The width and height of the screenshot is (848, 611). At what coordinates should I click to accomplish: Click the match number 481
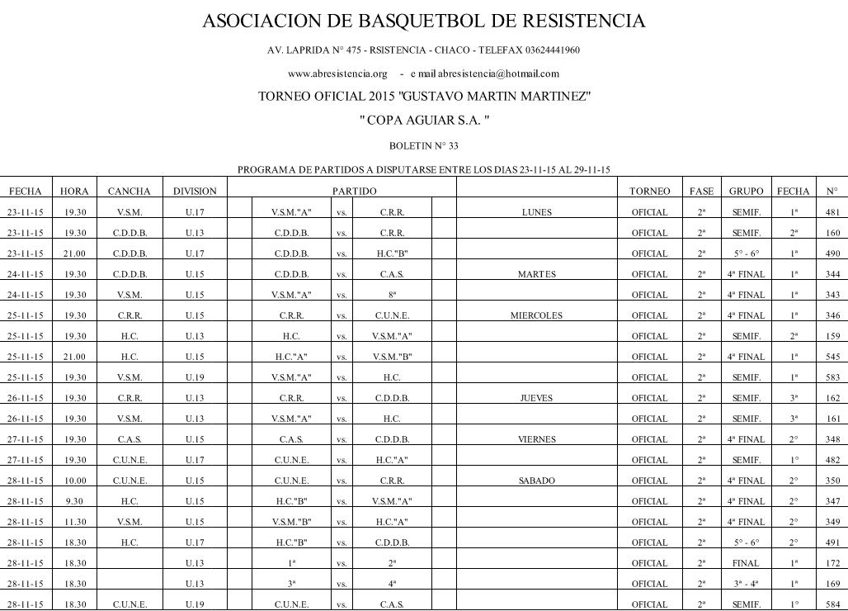point(832,212)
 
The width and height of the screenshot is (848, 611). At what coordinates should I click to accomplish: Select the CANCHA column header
point(130,192)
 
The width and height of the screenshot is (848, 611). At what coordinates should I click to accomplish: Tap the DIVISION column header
point(195,192)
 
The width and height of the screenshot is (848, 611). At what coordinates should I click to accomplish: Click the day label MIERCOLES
point(536,315)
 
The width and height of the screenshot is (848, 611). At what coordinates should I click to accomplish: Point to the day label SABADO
point(536,481)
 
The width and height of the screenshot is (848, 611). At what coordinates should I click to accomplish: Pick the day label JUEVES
point(536,398)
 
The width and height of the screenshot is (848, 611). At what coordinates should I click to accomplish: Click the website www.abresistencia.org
point(337,73)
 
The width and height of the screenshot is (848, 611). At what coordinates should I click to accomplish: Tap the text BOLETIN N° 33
point(423,145)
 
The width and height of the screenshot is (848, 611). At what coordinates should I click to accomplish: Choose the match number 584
point(832,604)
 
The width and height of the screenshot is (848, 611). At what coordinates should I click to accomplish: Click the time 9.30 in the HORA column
point(75,501)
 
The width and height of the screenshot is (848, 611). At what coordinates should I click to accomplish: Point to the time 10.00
point(75,481)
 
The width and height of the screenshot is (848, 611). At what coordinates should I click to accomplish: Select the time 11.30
point(75,522)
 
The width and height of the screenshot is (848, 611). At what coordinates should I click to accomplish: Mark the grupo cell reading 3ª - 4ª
point(746,584)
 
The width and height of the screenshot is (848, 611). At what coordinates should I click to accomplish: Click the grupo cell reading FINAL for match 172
point(746,563)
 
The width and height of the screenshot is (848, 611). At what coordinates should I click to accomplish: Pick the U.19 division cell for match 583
point(195,377)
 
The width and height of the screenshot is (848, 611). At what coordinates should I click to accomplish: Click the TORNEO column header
point(649,192)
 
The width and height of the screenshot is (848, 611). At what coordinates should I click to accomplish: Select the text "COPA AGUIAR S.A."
point(424,121)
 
